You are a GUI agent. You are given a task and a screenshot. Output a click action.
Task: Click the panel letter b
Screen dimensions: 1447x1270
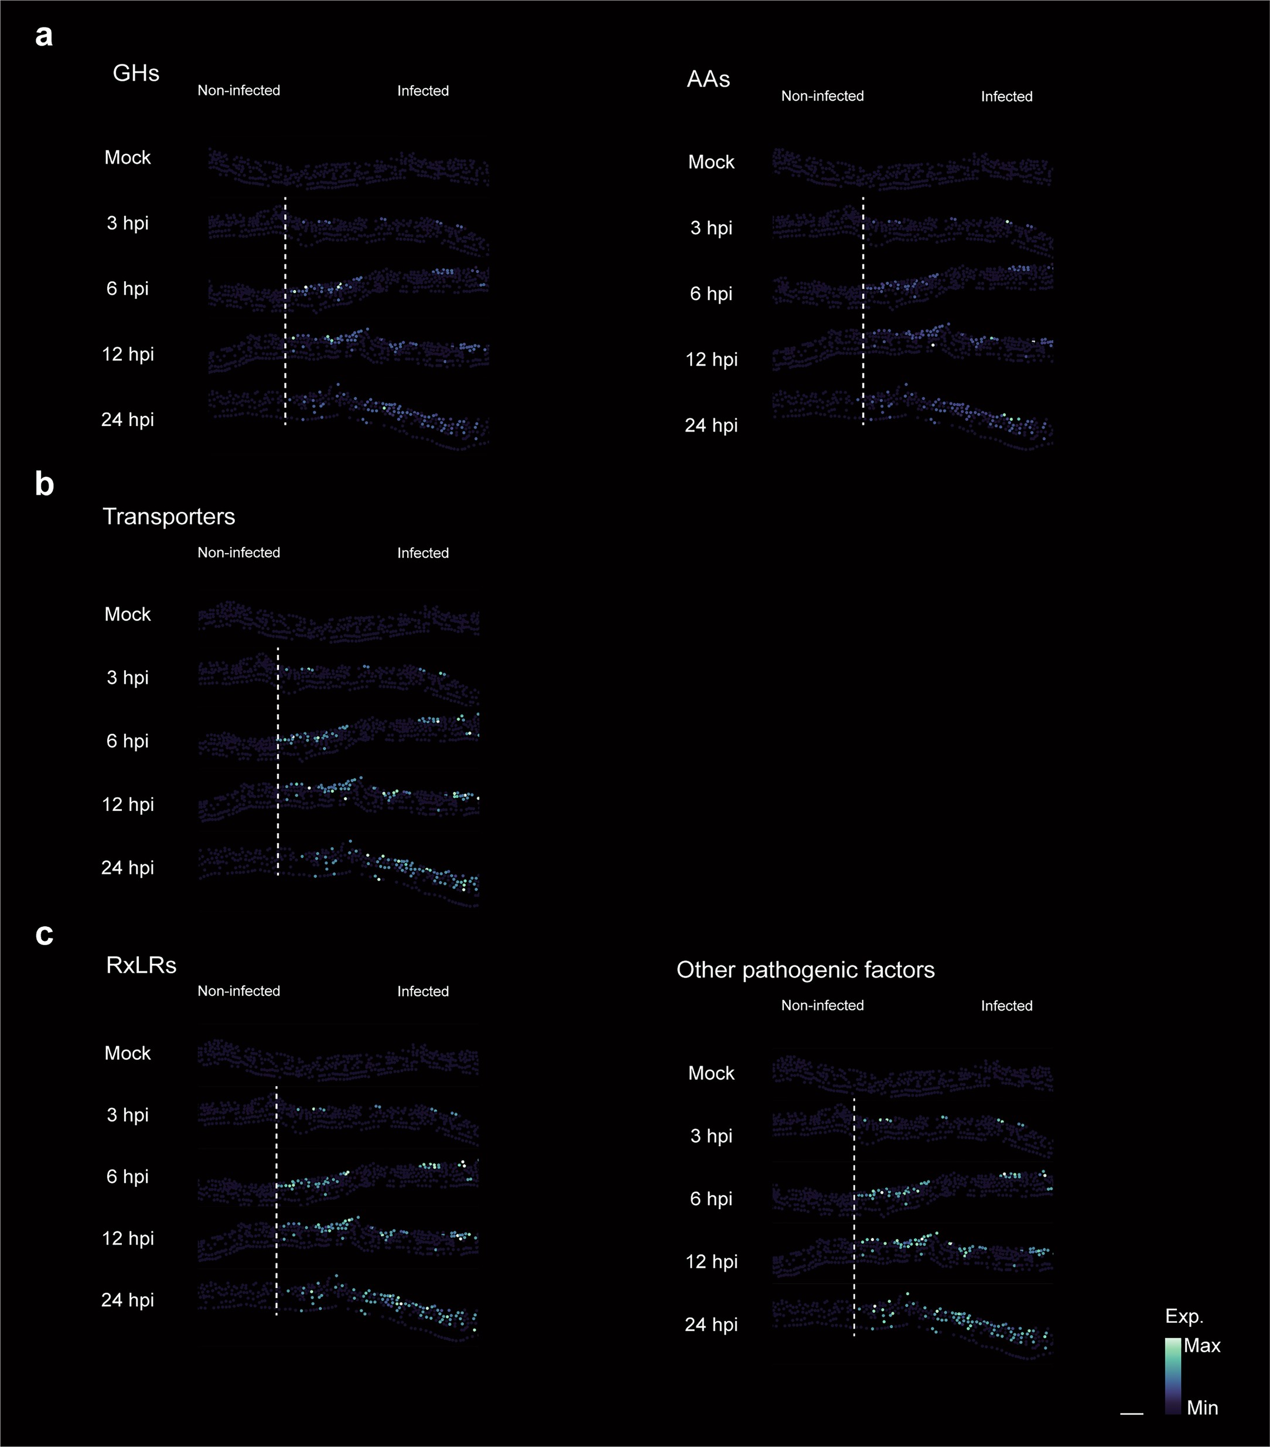pyautogui.click(x=44, y=485)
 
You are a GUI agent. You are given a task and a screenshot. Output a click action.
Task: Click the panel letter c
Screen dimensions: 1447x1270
pyautogui.click(x=44, y=934)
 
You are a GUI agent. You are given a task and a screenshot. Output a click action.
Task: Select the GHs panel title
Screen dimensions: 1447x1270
pyautogui.click(x=136, y=73)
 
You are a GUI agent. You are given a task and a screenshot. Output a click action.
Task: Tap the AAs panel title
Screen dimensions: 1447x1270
pyautogui.click(x=708, y=79)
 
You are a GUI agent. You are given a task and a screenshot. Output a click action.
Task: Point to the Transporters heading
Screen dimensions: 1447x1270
pyautogui.click(x=169, y=516)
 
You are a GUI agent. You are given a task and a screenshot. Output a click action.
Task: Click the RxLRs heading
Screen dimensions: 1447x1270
pyautogui.click(x=141, y=965)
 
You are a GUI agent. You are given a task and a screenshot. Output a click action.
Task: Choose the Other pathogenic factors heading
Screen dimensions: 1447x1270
pyautogui.click(x=805, y=969)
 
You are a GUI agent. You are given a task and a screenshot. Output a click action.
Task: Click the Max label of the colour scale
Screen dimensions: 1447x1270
pyautogui.click(x=1201, y=1345)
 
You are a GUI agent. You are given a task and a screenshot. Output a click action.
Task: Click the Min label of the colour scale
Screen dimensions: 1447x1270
pyautogui.click(x=1202, y=1407)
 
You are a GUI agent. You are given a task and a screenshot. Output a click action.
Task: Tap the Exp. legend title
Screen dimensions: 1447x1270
pyautogui.click(x=1184, y=1316)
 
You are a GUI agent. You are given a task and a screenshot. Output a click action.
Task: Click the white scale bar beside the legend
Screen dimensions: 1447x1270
pyautogui.click(x=1131, y=1414)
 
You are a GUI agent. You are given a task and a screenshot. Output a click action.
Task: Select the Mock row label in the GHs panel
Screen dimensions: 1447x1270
pyautogui.click(x=128, y=157)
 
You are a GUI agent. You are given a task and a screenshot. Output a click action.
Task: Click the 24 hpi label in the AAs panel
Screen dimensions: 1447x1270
pyautogui.click(x=711, y=425)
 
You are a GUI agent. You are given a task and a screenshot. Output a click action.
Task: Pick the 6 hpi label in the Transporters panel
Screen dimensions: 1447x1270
pyautogui.click(x=128, y=740)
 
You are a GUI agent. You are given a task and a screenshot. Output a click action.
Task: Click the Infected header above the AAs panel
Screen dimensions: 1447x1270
pyautogui.click(x=1006, y=96)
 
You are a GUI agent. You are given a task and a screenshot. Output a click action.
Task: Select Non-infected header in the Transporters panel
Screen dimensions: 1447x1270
pyautogui.click(x=238, y=552)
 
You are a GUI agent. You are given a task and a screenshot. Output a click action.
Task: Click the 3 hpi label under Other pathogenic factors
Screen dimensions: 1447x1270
pyautogui.click(x=711, y=1135)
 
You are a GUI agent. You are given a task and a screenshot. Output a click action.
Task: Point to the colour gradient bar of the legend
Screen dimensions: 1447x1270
pyautogui.click(x=1172, y=1376)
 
